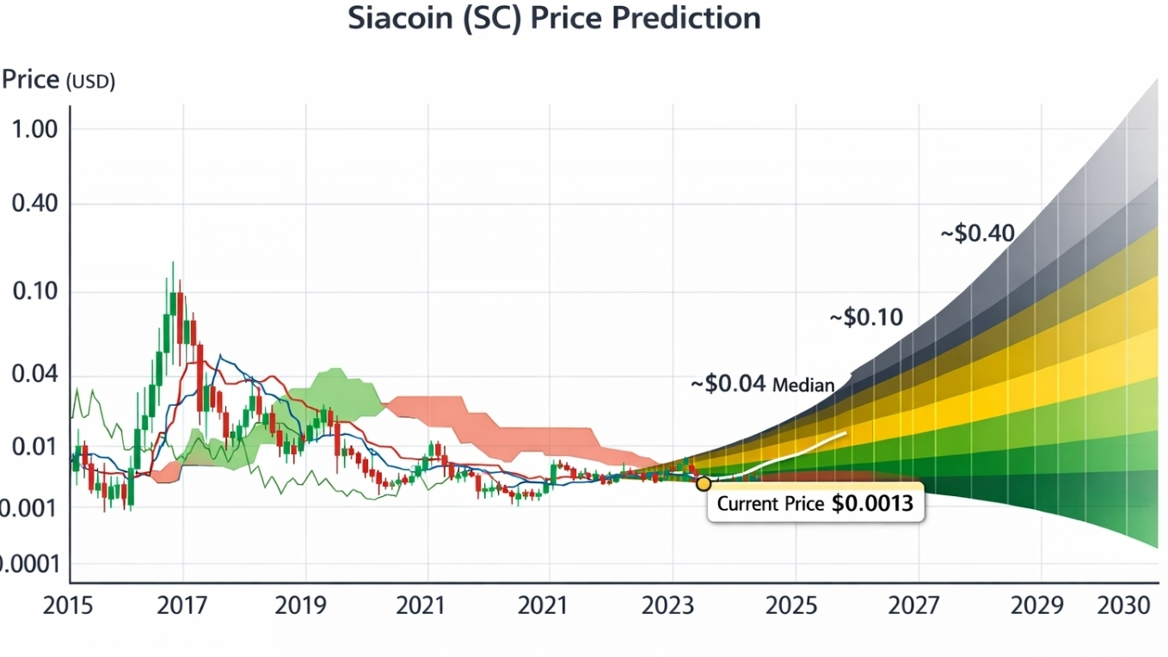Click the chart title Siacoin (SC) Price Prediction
tap(554, 18)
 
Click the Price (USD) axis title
tap(58, 80)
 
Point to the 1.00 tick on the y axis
tap(34, 130)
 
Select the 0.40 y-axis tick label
tap(34, 205)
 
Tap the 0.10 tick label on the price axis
tap(35, 292)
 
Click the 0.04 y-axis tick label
tap(34, 374)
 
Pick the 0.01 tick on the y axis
tap(34, 447)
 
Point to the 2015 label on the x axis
tap(68, 605)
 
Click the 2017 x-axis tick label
tap(182, 605)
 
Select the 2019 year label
tap(301, 605)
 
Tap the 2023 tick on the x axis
tap(667, 605)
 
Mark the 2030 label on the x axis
tap(1124, 605)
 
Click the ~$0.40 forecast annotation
tap(978, 232)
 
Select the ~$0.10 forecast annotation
tap(866, 317)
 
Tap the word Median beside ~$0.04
tap(803, 384)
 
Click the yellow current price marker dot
tap(704, 483)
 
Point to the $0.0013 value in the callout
tap(872, 504)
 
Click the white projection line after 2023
tap(800, 453)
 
